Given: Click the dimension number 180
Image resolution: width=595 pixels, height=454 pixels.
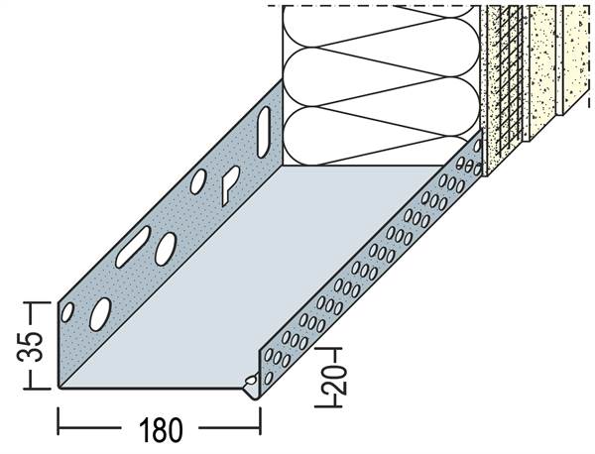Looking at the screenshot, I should (159, 430).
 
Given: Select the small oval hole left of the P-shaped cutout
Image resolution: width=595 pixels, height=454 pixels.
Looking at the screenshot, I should (198, 180).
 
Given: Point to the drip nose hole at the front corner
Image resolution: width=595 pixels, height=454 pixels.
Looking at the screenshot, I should (250, 381).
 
